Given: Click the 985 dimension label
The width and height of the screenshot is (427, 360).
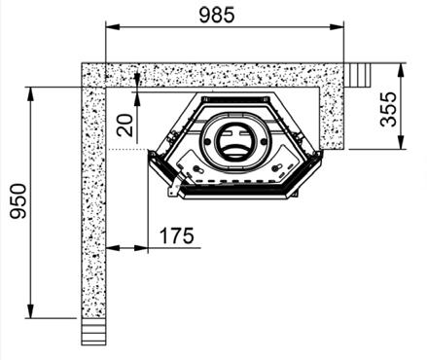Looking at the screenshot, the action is coord(217,16).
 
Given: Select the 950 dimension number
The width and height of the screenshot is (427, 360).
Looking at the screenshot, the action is coord(18,201).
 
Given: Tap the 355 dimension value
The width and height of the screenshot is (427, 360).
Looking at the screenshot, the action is coord(388,109).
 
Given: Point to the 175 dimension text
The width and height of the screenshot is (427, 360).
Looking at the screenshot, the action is coord(177,235).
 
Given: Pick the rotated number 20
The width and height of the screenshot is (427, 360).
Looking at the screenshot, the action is coord(125,126).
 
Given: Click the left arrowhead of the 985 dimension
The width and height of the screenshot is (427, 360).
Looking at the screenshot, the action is coord(113,27).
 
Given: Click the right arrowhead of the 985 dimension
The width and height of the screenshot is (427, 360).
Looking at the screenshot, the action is coord(337,27).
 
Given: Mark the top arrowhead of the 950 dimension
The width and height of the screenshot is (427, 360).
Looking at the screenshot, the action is coord(31,94).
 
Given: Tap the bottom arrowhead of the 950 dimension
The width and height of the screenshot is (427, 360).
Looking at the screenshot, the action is coord(31,311).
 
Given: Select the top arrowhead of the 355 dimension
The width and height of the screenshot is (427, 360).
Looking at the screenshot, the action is coord(402,70).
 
